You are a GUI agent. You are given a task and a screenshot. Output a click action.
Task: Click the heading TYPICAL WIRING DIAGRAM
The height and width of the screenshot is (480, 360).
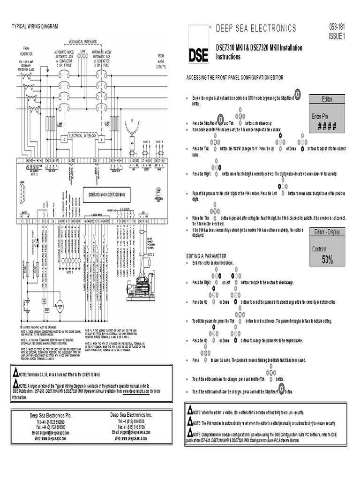34,26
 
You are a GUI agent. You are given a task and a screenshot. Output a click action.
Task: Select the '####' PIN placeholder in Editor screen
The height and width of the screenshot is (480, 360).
327,126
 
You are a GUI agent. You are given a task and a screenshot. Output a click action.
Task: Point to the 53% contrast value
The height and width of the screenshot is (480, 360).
327,259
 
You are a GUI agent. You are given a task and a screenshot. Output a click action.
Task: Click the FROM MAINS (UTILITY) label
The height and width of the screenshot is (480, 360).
161,61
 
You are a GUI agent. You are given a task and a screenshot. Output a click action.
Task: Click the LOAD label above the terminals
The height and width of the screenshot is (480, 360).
82,51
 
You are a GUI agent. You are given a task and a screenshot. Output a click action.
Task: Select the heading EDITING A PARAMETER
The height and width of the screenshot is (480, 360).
206,256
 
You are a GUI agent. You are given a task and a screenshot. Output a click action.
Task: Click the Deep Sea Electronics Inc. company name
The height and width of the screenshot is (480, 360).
131,415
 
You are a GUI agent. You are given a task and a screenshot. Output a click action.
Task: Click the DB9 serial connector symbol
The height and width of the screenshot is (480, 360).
22,192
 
